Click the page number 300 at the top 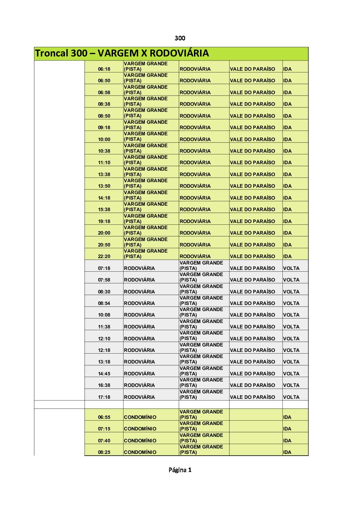pos(180,38)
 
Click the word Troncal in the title pos(51,53)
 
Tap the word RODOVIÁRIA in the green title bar pos(179,53)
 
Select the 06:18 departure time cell pos(104,69)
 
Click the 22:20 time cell pos(104,256)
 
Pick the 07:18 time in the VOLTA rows pos(104,268)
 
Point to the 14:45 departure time pos(104,374)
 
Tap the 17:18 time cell pos(104,397)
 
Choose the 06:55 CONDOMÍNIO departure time pos(104,417)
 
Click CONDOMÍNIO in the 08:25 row pos(140,452)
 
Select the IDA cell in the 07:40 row pos(287,441)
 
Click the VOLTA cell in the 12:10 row pos(291,339)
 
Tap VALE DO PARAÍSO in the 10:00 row pos(252,139)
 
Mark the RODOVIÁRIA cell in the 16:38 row pos(139,385)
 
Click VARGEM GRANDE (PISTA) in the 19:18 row pos(146,219)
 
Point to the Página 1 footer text pos(180,470)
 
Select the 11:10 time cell pos(104,163)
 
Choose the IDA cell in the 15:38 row pos(287,209)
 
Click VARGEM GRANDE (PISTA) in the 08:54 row pos(201,301)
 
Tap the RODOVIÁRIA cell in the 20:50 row pos(195,245)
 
